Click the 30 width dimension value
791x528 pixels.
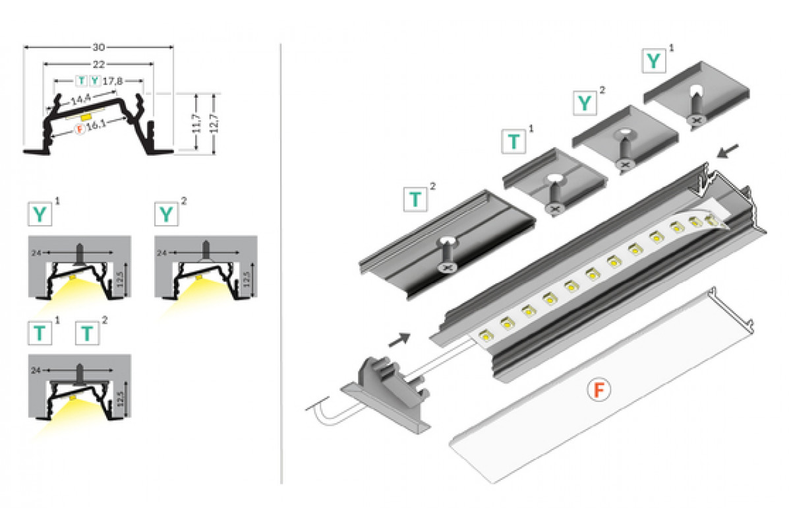pos(99,48)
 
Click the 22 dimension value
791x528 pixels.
pos(99,63)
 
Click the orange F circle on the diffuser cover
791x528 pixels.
pos(599,391)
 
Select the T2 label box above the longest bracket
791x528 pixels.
pos(415,199)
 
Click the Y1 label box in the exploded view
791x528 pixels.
pos(653,61)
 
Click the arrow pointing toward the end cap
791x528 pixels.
pos(399,339)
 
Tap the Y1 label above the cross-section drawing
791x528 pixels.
pos(40,214)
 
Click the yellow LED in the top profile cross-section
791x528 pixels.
pos(86,115)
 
